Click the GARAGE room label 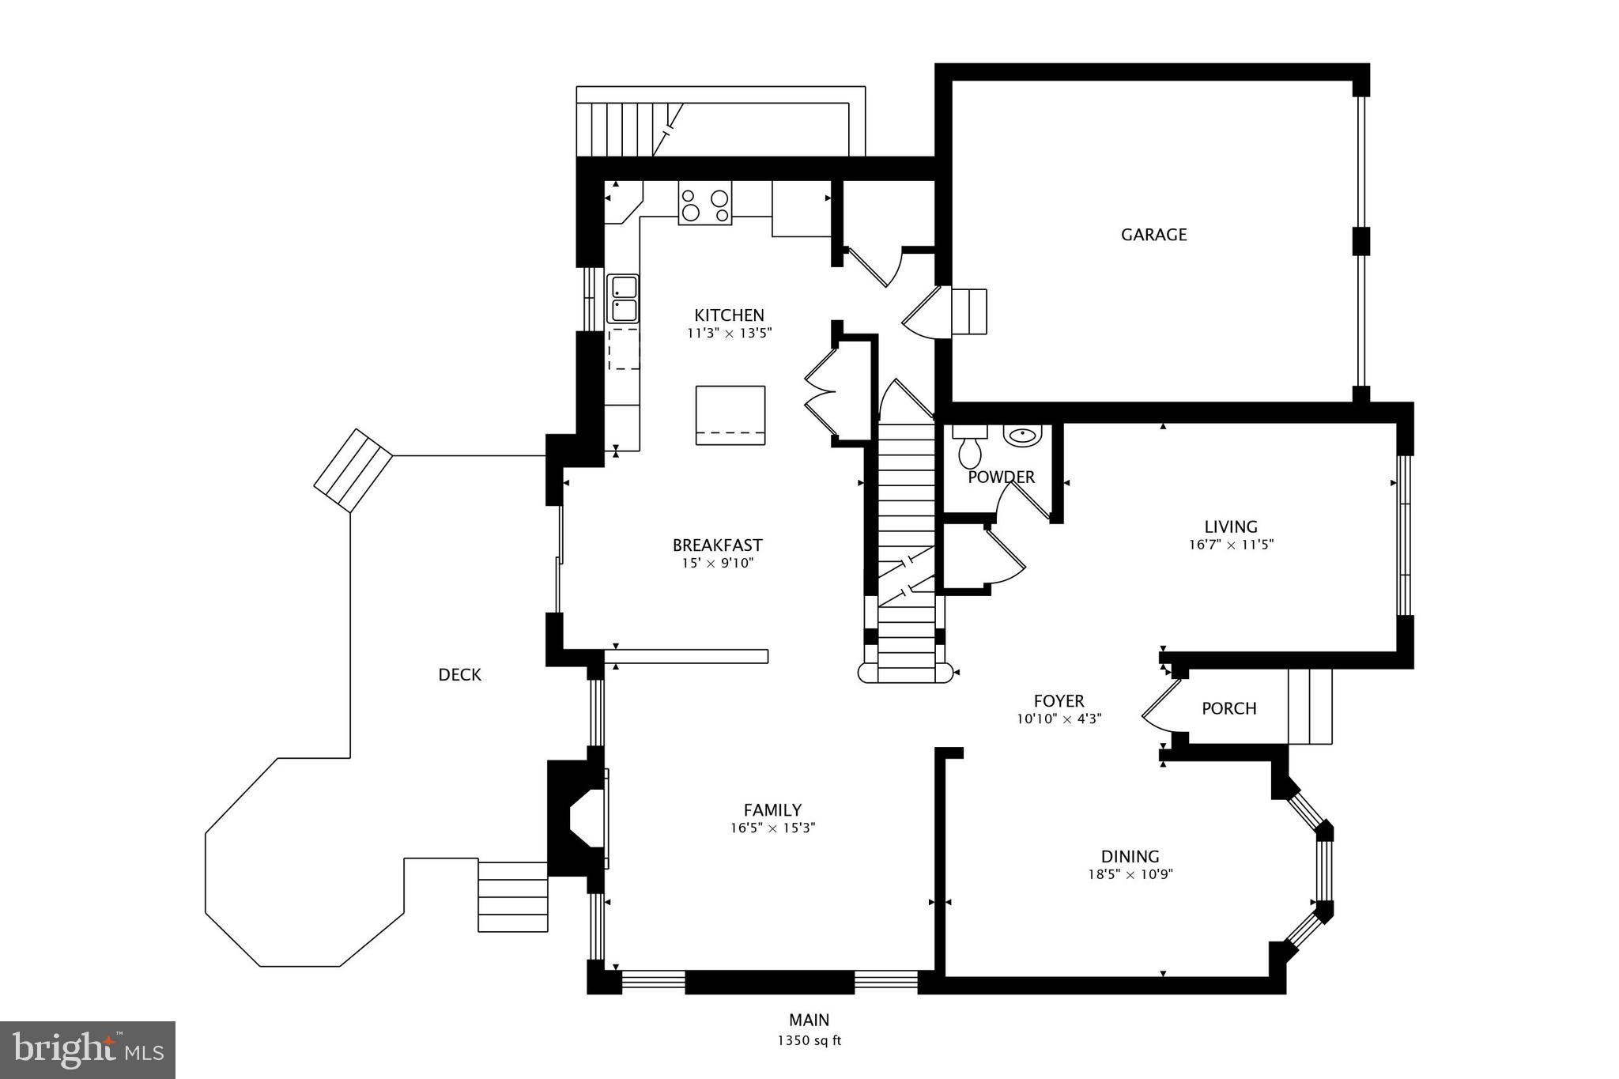[x=1153, y=234]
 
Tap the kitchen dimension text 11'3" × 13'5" [x=729, y=333]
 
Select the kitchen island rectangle [x=730, y=415]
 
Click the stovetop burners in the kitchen [x=705, y=204]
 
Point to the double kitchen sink [x=622, y=298]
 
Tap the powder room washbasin [x=1023, y=436]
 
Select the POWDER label [x=1001, y=477]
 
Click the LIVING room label [x=1230, y=526]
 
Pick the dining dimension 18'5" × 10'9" [x=1130, y=874]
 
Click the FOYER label [x=1059, y=701]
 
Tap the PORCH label [x=1228, y=708]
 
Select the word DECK [x=459, y=674]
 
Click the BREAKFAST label [x=717, y=545]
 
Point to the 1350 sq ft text [x=809, y=1040]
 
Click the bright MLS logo [x=87, y=1050]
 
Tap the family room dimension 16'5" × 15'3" [x=772, y=828]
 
